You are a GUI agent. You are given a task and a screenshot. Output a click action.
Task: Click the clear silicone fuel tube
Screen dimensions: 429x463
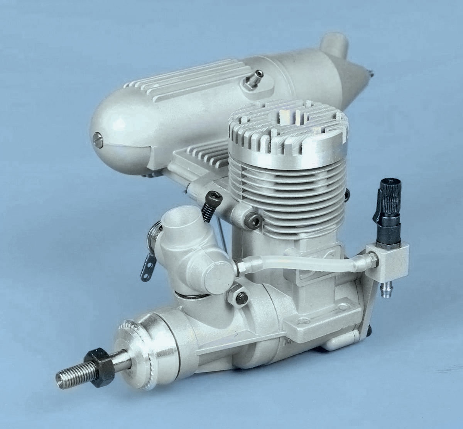coord(305,263)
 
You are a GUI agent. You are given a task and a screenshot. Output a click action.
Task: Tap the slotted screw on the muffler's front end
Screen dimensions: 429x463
coord(98,139)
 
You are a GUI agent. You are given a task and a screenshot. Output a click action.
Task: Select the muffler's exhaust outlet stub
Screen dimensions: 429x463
coord(334,44)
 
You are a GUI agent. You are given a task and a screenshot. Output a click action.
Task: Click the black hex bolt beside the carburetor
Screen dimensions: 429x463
coord(211,207)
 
